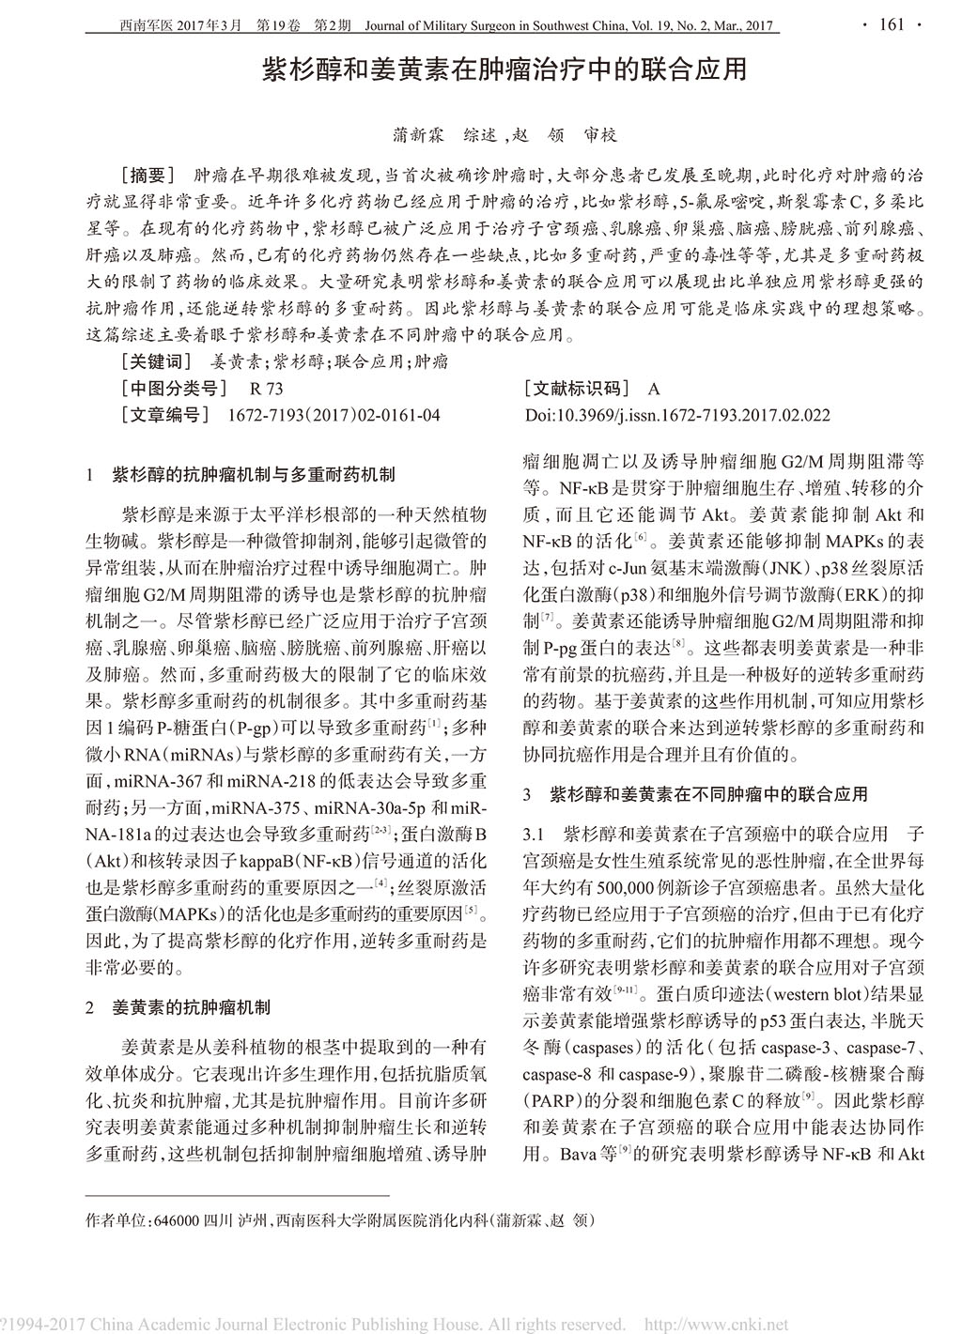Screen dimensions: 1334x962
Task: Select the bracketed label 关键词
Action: tap(156, 360)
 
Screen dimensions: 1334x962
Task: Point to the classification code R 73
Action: tap(267, 388)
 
